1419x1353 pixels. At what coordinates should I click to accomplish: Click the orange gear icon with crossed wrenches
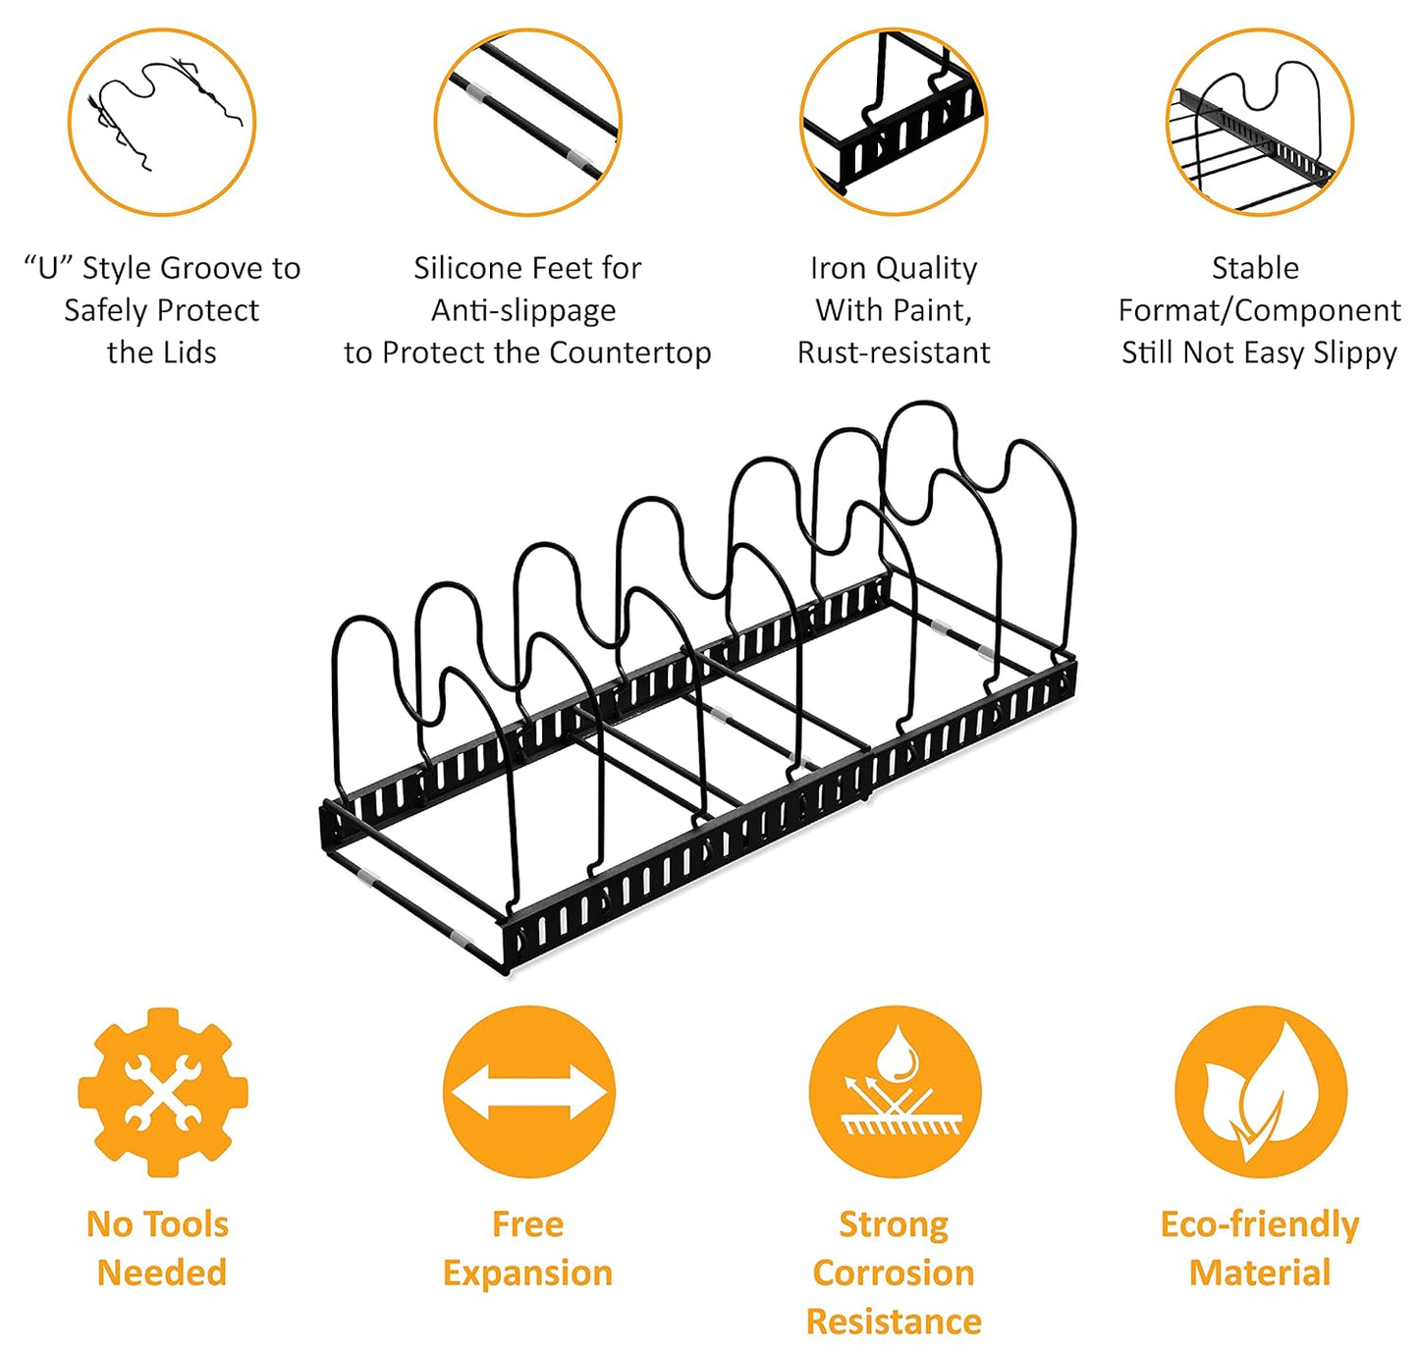point(163,1092)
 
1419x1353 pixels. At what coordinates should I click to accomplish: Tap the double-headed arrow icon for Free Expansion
point(528,1092)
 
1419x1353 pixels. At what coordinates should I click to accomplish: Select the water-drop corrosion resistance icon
point(895,1092)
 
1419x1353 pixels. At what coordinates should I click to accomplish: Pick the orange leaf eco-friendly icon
point(1260,1092)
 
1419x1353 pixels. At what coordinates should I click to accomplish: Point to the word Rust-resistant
point(894,352)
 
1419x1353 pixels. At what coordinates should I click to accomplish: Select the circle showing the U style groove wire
point(162,122)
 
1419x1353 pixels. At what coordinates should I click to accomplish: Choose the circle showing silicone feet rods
point(528,122)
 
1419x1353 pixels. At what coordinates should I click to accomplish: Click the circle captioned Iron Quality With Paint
point(894,122)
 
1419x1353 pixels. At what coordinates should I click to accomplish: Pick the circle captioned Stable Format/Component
point(1260,122)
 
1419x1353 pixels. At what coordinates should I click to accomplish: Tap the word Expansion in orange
point(528,1272)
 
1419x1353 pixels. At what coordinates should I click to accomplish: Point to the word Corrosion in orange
point(894,1272)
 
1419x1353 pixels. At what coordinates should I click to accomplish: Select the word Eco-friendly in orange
point(1260,1224)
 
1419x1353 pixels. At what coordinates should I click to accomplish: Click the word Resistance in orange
point(894,1322)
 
